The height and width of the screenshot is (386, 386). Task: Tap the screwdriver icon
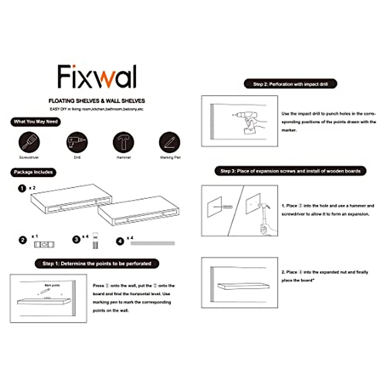coord(29,142)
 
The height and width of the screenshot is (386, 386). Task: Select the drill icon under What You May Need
coord(77,142)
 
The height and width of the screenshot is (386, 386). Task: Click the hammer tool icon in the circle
coord(123,142)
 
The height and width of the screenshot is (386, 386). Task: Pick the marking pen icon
coord(170,142)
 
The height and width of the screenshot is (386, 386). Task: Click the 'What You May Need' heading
coord(35,122)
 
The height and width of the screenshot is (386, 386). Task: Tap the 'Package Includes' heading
coord(33,172)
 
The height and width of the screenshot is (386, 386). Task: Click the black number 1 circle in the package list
coord(22,188)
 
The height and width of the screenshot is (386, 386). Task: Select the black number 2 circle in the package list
coord(23,240)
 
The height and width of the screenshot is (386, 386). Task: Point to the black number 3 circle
coord(76,240)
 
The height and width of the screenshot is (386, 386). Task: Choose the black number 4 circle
coord(120,241)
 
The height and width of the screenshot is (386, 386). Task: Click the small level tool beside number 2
coord(44,245)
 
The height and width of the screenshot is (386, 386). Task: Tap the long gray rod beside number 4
coord(153,244)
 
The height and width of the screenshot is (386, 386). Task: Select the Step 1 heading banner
coord(97,264)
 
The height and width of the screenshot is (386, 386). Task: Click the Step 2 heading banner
coord(290,84)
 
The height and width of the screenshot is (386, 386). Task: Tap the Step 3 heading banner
coord(290,171)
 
